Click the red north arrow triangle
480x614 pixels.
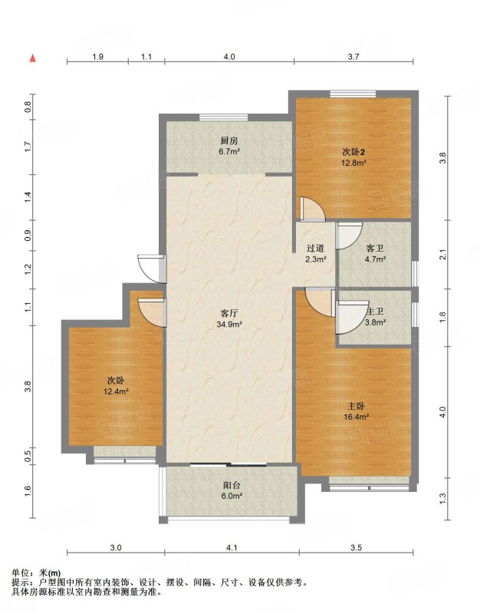[33, 58]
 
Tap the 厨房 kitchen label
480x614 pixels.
[229, 141]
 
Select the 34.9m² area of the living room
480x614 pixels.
[229, 324]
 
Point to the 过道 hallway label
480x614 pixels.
[316, 248]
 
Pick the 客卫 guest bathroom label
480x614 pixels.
[375, 248]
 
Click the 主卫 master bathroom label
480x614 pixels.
[376, 312]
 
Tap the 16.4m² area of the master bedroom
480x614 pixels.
[357, 417]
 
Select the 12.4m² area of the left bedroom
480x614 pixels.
[117, 391]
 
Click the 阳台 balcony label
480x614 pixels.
[232, 486]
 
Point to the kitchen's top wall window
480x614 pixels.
[223, 117]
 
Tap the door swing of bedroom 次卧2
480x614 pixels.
[313, 210]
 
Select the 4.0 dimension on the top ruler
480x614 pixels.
[229, 57]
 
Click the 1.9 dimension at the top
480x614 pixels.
[97, 57]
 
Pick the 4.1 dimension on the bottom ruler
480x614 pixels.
[232, 548]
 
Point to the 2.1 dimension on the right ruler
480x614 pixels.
[442, 255]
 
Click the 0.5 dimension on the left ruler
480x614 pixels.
[28, 456]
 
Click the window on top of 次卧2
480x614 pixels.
[353, 94]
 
